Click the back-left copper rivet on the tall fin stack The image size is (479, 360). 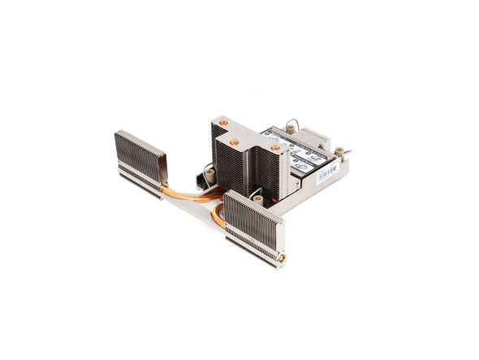[x=223, y=122]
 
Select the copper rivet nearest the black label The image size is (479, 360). [x=275, y=149]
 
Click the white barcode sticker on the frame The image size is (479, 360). [x=326, y=173]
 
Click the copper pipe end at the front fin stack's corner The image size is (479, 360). [x=281, y=258]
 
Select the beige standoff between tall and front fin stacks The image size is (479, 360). [x=257, y=198]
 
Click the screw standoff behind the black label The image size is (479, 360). [x=290, y=128]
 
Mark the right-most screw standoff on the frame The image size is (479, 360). [x=340, y=151]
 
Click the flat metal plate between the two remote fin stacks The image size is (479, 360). [x=195, y=213]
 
